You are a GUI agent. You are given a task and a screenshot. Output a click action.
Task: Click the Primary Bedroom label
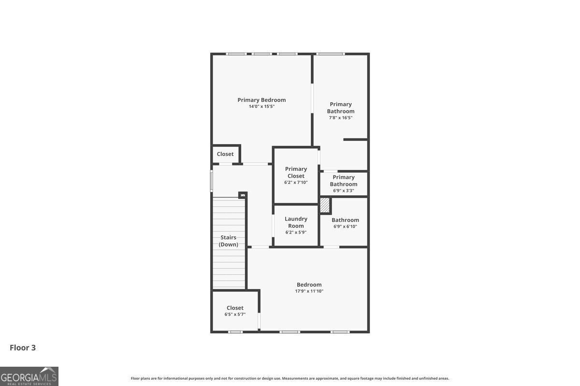[261, 100]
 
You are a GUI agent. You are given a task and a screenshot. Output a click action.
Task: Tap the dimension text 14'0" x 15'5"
[261, 107]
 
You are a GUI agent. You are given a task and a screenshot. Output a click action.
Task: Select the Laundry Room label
[296, 222]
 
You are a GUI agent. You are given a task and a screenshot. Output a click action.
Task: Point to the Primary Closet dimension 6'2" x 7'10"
[296, 182]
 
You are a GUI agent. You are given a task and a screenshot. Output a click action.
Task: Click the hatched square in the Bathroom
[325, 206]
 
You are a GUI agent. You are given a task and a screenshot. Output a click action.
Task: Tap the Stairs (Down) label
[229, 241]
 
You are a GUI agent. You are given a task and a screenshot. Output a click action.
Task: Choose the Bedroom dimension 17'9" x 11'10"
[309, 291]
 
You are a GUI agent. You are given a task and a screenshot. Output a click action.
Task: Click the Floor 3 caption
[23, 347]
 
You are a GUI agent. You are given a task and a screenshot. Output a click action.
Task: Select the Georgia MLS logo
[29, 376]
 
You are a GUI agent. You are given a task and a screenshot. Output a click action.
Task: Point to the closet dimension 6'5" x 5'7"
[235, 314]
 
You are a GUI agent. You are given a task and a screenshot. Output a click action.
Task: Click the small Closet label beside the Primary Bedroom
[225, 154]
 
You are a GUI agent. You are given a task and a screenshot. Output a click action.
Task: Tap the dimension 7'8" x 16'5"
[341, 118]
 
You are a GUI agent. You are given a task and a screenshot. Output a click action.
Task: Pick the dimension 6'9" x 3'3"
[344, 191]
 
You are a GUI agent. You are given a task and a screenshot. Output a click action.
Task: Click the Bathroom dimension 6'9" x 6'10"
[345, 226]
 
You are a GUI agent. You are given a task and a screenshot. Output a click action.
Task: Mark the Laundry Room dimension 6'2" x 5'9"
[296, 232]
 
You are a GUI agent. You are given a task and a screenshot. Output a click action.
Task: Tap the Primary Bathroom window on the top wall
[331, 54]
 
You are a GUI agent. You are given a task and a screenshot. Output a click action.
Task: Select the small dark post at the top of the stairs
[243, 195]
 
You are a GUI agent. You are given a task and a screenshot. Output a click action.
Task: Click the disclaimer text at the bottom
[290, 378]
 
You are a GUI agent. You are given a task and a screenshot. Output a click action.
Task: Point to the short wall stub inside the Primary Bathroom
[355, 139]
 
